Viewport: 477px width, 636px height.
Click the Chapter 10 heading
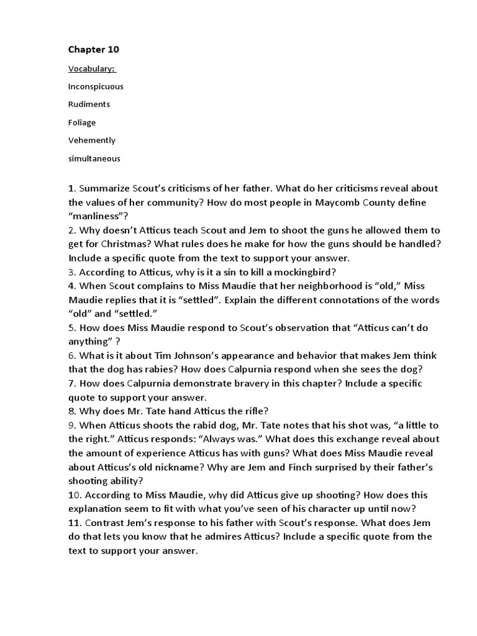(93, 49)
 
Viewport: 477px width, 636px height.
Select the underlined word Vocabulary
(91, 68)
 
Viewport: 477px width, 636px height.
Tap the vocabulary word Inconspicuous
(96, 86)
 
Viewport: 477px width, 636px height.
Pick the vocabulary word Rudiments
(89, 104)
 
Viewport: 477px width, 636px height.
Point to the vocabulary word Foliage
(82, 122)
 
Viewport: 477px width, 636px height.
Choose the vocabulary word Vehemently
(92, 140)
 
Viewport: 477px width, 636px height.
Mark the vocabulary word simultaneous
(94, 158)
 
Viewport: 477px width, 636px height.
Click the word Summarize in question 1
(106, 188)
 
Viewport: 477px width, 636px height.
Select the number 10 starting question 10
(74, 495)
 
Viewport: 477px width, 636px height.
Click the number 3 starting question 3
(71, 272)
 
